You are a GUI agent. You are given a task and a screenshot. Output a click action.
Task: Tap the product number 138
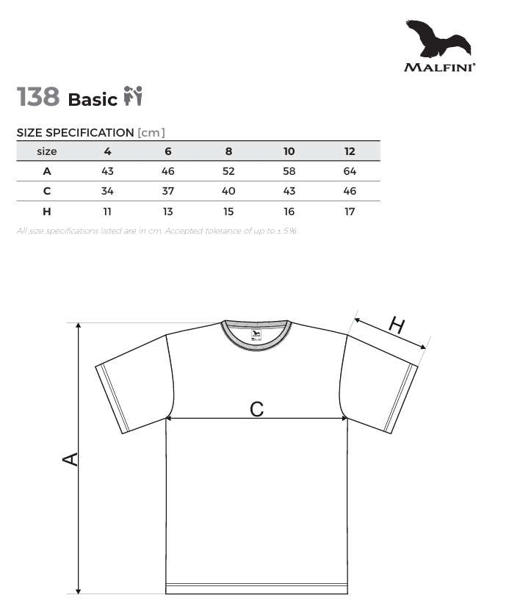coord(38,96)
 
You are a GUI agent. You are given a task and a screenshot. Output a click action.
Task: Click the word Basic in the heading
coord(93,99)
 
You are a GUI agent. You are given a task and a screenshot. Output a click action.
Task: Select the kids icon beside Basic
coord(133,96)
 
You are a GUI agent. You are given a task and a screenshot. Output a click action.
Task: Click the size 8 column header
coord(228,151)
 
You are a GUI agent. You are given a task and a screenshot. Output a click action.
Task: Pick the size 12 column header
coord(350,151)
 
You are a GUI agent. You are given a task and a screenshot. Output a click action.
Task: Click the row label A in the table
coord(47,171)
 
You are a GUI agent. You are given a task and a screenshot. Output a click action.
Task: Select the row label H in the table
coord(47,212)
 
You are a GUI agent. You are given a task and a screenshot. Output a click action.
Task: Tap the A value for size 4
coord(107,171)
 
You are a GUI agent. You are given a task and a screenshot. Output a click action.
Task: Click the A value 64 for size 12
coord(350,171)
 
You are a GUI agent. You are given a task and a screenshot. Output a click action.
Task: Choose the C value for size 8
coord(228,191)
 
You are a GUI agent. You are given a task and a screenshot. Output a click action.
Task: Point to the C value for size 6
coord(168,191)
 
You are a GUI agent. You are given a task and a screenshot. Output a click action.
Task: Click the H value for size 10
coord(289,212)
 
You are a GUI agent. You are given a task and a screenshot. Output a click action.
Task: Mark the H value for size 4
coord(107,212)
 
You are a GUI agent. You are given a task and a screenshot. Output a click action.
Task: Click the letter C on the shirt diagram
coord(256,408)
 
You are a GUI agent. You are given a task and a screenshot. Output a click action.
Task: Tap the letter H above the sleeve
coord(397,325)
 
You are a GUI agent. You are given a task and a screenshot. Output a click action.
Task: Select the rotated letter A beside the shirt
coord(71,459)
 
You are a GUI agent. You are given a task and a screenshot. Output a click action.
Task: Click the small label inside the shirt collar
coord(256,336)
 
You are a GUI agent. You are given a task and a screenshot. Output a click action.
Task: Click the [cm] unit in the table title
coord(151,132)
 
